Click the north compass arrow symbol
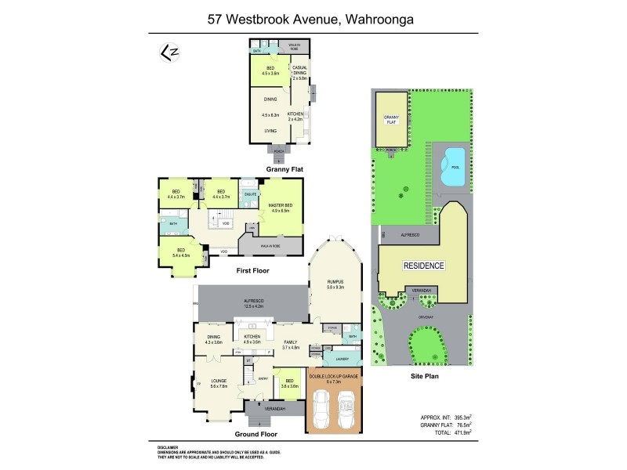pyautogui.click(x=167, y=52)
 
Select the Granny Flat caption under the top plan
pyautogui.click(x=284, y=168)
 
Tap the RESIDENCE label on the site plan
pyautogui.click(x=423, y=266)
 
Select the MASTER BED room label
pyautogui.click(x=280, y=208)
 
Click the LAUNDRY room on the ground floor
pyautogui.click(x=341, y=359)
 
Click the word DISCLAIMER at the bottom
pyautogui.click(x=170, y=447)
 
